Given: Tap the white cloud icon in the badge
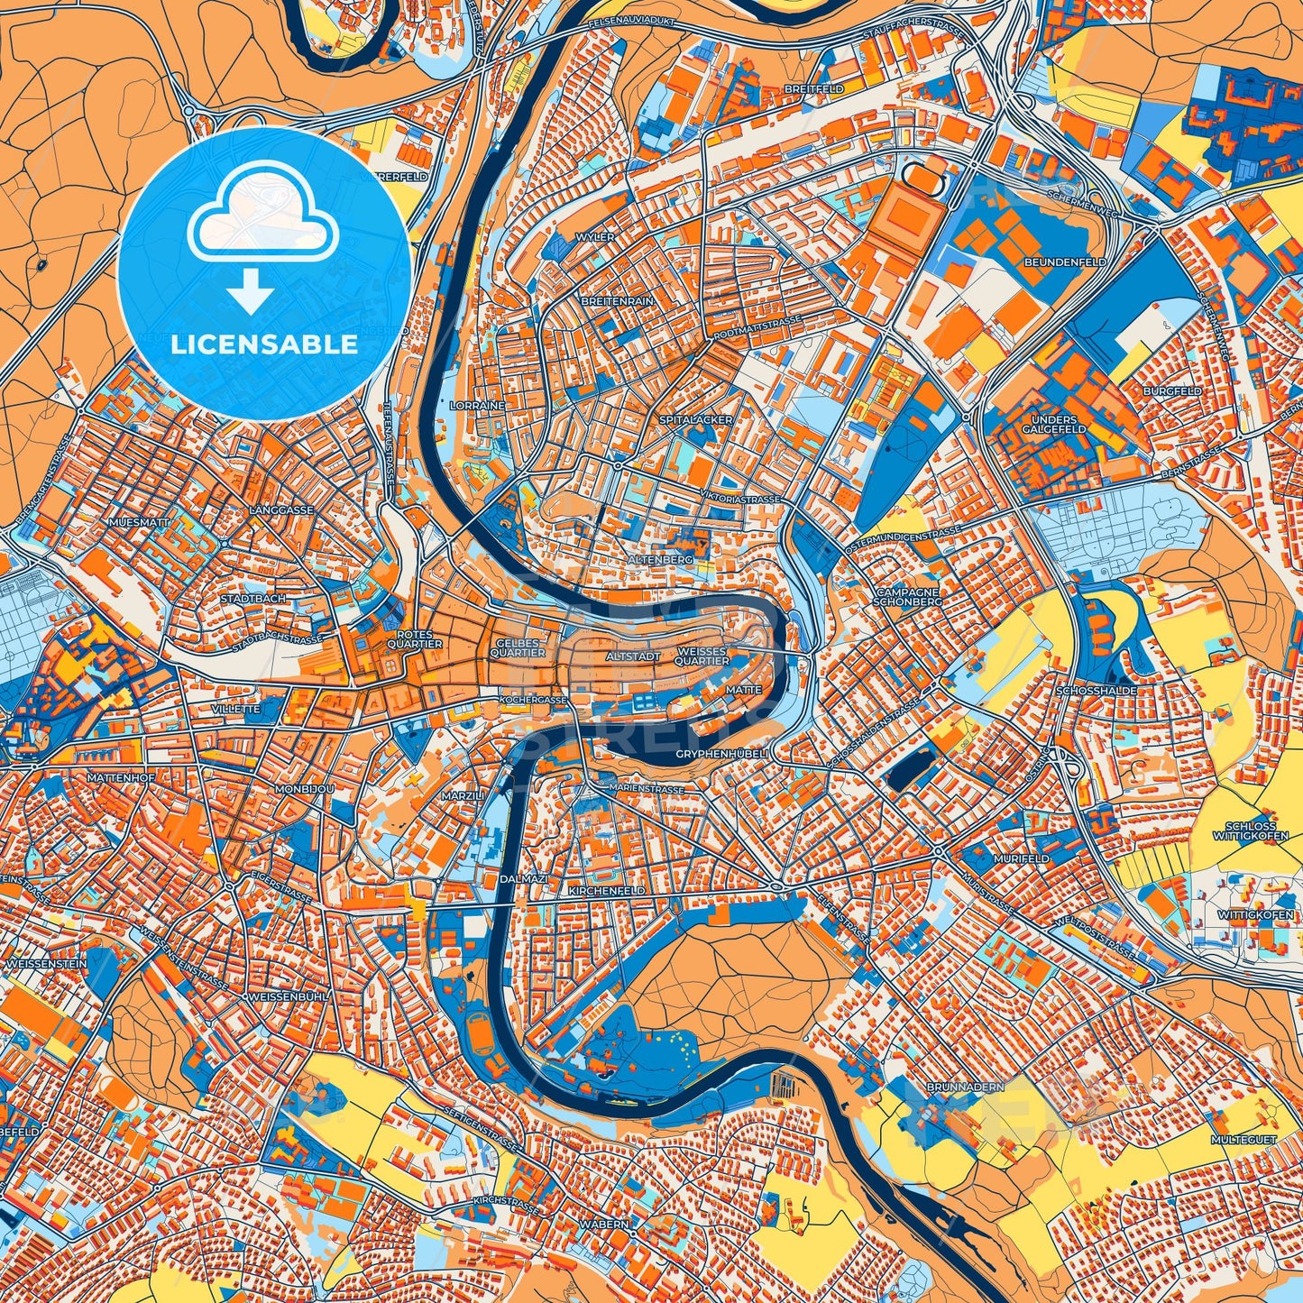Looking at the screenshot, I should pyautogui.click(x=262, y=221).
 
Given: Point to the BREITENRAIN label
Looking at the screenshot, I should pyautogui.click(x=617, y=300).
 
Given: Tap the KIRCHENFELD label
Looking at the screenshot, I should pyautogui.click(x=606, y=890).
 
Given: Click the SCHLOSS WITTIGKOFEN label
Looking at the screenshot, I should pyautogui.click(x=1251, y=831).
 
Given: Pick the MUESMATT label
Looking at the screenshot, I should pyautogui.click(x=137, y=522).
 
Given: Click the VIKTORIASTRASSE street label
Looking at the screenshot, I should pyautogui.click(x=741, y=498).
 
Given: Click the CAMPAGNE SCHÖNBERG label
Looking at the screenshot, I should pyautogui.click(x=908, y=596).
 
